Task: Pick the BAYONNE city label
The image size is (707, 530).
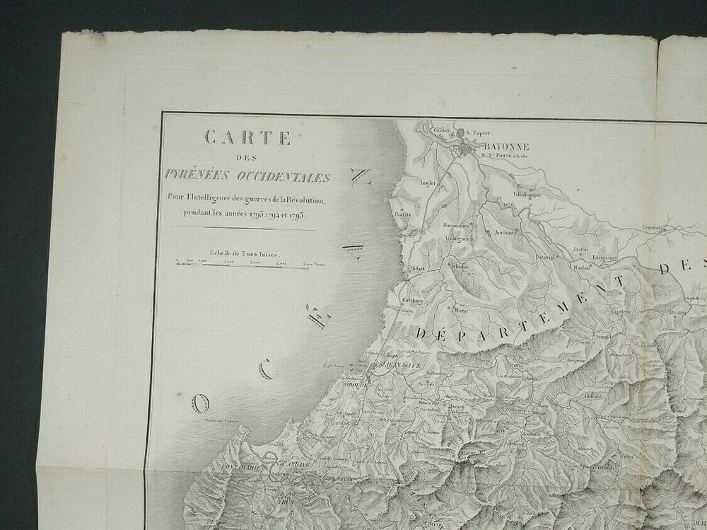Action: pos(507,148)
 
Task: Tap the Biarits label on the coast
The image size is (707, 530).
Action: pos(403,214)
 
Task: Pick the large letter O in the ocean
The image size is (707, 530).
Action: pos(201,404)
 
